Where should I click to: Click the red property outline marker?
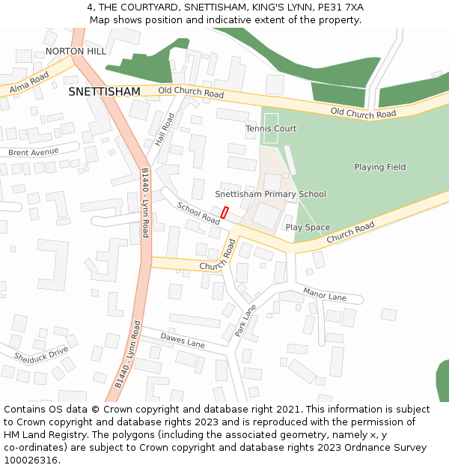click(x=224, y=212)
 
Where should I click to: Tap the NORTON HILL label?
click(x=76, y=51)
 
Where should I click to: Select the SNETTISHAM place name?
click(x=104, y=91)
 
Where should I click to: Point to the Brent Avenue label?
click(x=33, y=152)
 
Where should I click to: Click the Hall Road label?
click(x=165, y=129)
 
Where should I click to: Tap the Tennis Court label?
click(x=271, y=129)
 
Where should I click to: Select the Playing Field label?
click(x=379, y=167)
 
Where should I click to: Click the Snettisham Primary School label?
click(x=270, y=194)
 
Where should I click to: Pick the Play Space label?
click(x=308, y=227)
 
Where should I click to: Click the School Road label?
click(x=198, y=213)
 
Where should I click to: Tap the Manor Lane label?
click(x=325, y=294)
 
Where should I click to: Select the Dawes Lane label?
click(x=183, y=341)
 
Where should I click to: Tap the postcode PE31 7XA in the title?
click(x=340, y=7)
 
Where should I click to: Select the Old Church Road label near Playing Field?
click(x=363, y=114)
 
